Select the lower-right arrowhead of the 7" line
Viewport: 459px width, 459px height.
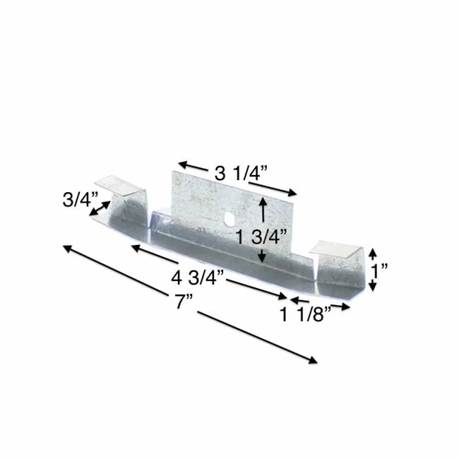click(312, 360)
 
